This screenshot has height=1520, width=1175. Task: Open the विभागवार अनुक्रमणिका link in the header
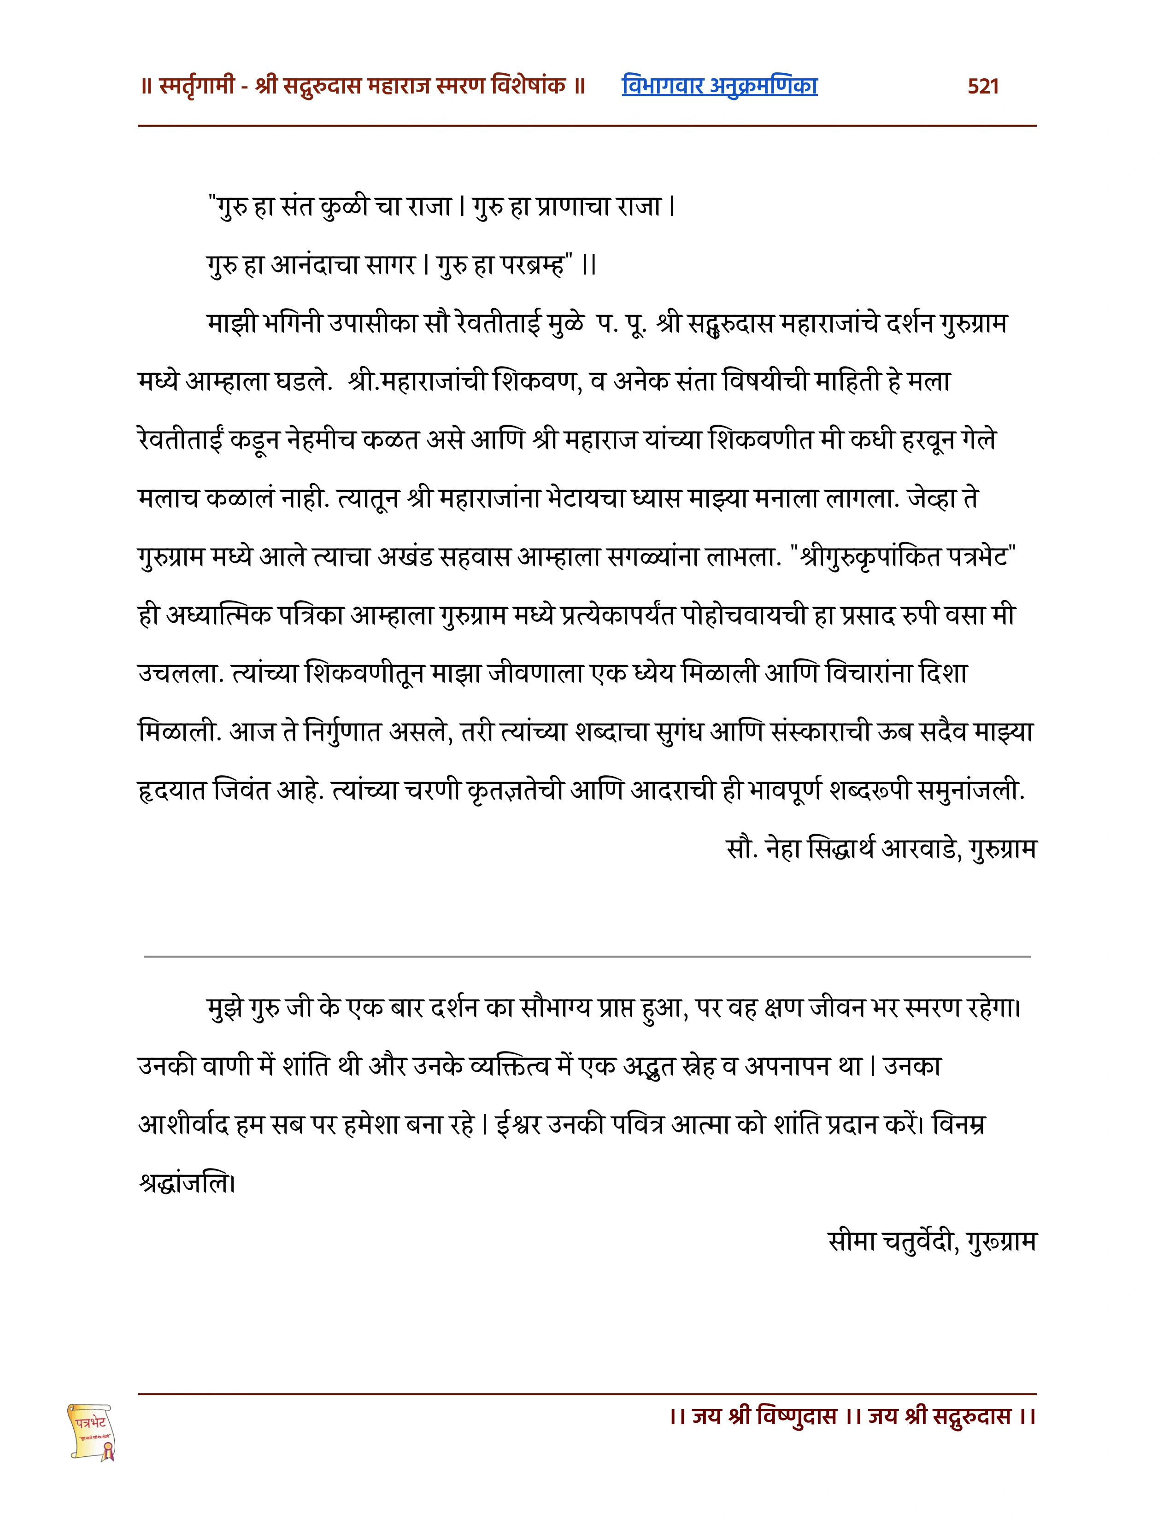[x=719, y=86]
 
